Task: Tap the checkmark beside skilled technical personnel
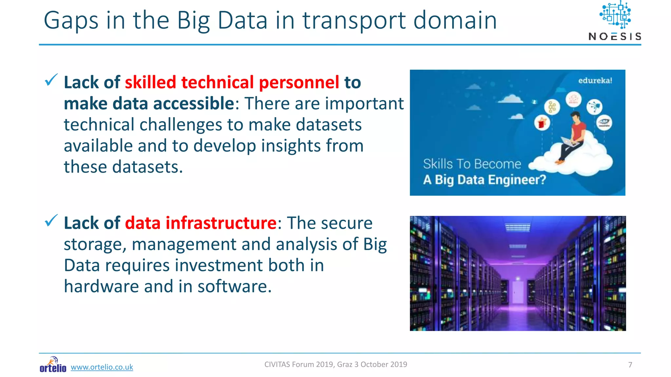click(51, 80)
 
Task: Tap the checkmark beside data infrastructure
click(51, 221)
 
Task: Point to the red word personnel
click(299, 82)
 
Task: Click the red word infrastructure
click(221, 223)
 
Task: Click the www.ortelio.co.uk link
click(102, 367)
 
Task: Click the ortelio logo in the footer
click(52, 365)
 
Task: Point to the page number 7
click(630, 365)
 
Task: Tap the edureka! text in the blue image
click(595, 81)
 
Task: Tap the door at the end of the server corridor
click(518, 291)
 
